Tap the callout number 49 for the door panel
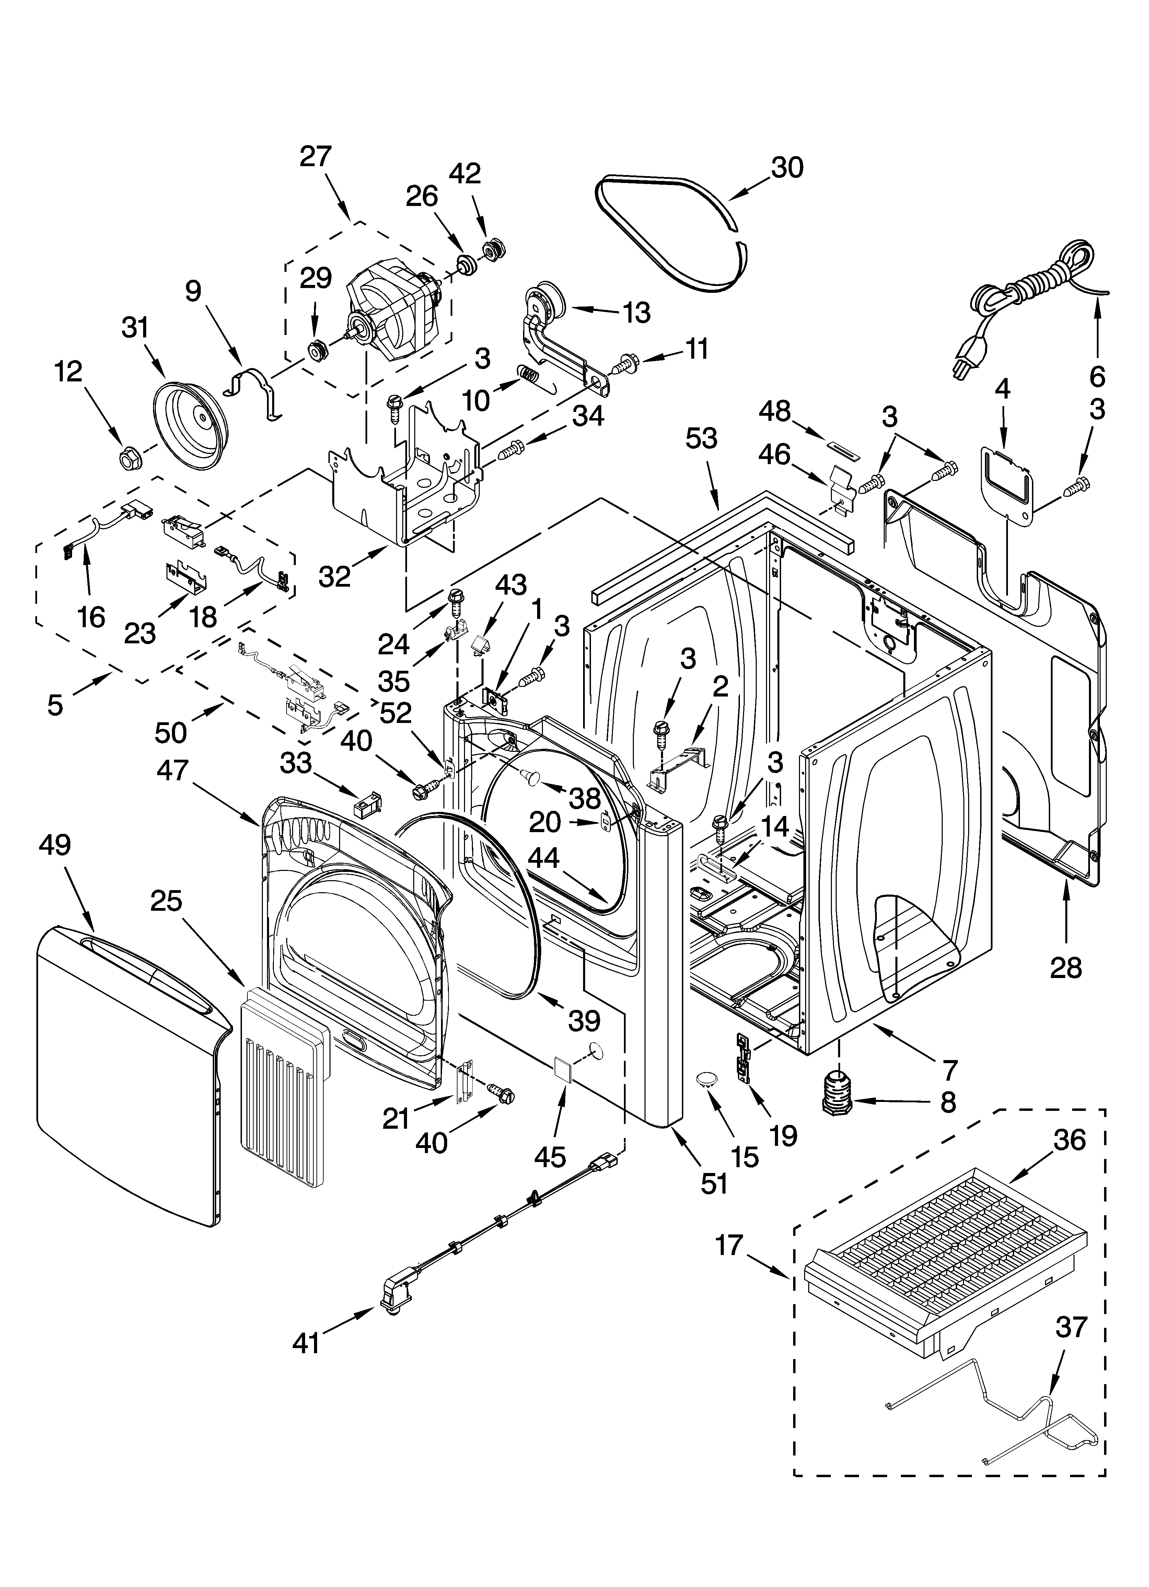point(55,845)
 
